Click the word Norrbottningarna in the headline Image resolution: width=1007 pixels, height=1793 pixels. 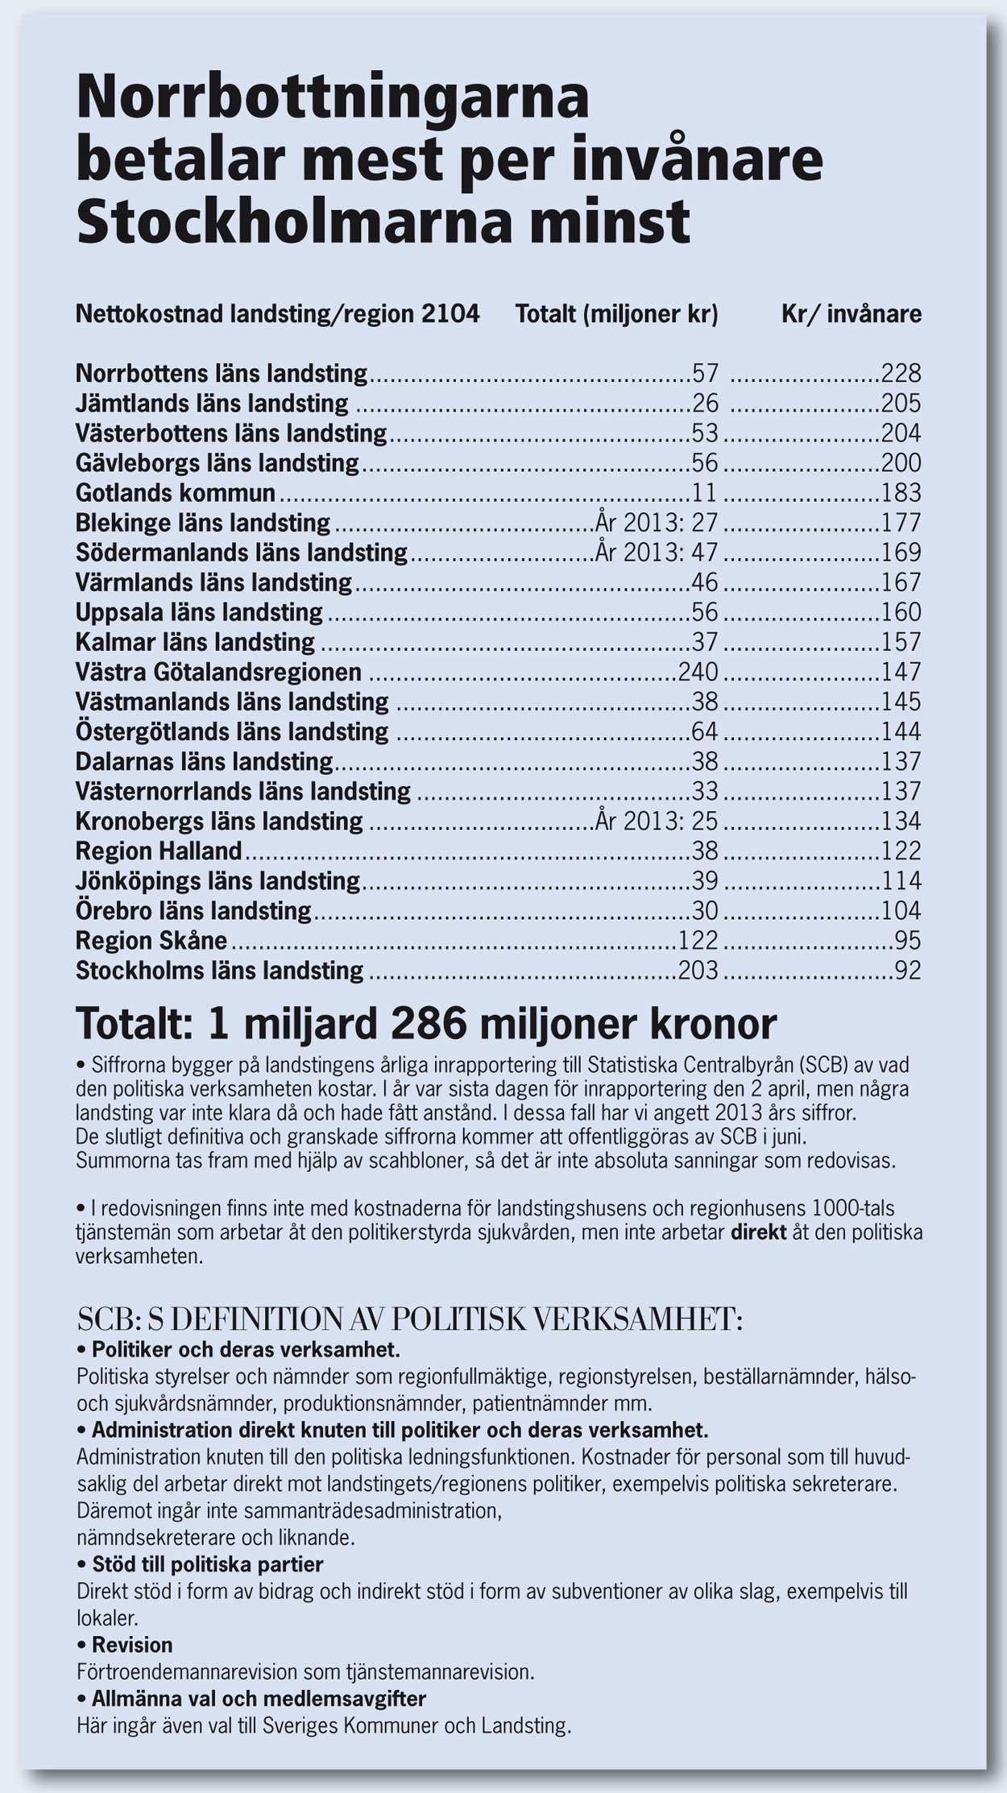[333, 99]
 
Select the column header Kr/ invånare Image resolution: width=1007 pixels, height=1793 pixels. [852, 313]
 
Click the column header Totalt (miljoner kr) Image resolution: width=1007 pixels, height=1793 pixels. [616, 313]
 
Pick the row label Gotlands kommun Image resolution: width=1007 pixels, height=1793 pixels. [176, 492]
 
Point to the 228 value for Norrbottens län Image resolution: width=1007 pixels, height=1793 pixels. [901, 374]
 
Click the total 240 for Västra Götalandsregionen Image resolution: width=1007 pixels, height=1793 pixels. [698, 672]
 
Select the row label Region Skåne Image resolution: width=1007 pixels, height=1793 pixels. [151, 940]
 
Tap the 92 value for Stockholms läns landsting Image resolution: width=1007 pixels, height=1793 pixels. [908, 970]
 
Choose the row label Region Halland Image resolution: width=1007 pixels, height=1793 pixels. [159, 851]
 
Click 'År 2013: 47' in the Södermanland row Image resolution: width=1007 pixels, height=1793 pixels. [657, 553]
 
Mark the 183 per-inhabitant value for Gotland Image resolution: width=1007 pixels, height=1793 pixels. [901, 492]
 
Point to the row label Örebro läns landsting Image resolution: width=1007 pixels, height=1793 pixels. [193, 910]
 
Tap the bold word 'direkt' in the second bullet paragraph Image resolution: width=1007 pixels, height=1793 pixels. [758, 1232]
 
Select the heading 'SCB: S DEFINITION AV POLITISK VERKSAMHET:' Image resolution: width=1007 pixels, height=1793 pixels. [409, 1319]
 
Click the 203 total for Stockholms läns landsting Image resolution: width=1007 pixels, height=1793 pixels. [698, 970]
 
